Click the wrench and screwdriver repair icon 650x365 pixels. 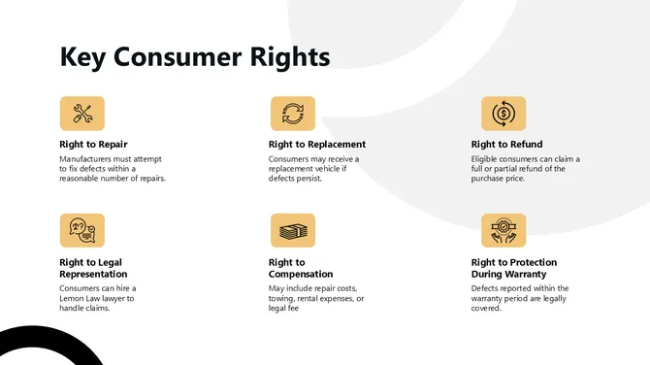(82, 114)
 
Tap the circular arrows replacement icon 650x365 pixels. (292, 114)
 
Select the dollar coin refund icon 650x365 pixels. (504, 114)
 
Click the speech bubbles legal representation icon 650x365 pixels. (82, 230)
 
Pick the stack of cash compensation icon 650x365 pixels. (292, 230)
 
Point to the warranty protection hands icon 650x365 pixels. (504, 230)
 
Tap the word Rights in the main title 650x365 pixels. (288, 56)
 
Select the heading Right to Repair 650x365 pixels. (93, 145)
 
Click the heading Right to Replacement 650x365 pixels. (317, 145)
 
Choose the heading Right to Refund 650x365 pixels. (506, 145)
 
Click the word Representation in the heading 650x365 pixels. (93, 274)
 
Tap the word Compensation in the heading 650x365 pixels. (301, 274)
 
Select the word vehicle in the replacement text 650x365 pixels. (330, 169)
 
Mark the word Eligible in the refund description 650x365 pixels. (487, 158)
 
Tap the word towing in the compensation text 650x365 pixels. (284, 299)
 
